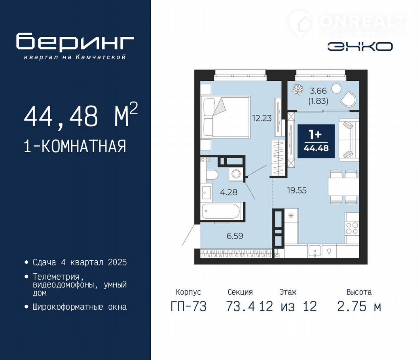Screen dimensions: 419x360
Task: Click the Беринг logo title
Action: click(x=75, y=42)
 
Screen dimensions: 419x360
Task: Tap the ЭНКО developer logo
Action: click(x=360, y=47)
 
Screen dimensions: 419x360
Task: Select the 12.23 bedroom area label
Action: click(x=262, y=118)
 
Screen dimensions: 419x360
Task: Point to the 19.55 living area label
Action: click(x=297, y=190)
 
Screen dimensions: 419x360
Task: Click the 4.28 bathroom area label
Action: click(x=228, y=192)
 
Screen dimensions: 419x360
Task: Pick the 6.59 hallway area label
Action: click(x=235, y=236)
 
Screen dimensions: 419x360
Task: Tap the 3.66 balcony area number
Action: click(x=318, y=91)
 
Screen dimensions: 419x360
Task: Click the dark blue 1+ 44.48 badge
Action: click(x=316, y=141)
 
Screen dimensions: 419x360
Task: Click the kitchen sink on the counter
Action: click(x=314, y=251)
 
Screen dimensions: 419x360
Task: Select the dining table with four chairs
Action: click(x=343, y=187)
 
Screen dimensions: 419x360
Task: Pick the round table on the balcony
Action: click(x=336, y=89)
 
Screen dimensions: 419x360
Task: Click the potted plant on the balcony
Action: click(x=298, y=89)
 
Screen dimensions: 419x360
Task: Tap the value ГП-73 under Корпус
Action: click(x=189, y=306)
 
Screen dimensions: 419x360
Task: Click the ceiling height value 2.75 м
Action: click(x=359, y=306)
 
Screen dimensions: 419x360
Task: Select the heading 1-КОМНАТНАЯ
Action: click(x=75, y=146)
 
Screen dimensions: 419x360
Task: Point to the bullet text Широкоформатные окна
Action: click(x=80, y=307)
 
